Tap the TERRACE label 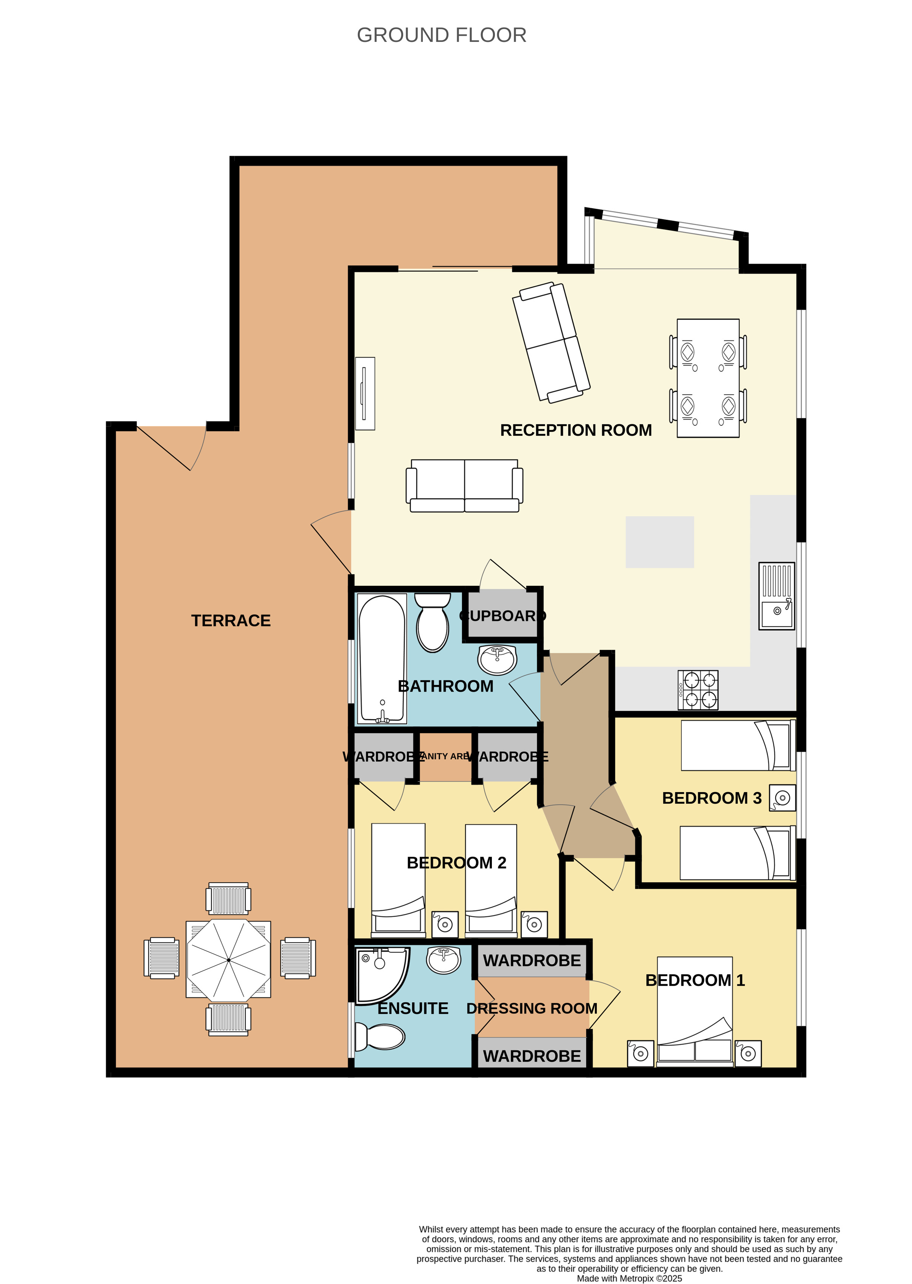[x=231, y=620]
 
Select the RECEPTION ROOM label [x=576, y=430]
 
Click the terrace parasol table [x=228, y=960]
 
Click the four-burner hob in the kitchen [x=698, y=690]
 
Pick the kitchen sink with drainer [x=776, y=596]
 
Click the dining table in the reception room [x=707, y=378]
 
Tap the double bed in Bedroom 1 [x=695, y=1011]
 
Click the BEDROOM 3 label [x=712, y=798]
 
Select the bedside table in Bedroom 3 [x=782, y=797]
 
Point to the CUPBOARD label [x=502, y=616]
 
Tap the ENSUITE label [x=413, y=1009]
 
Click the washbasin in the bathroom [x=497, y=659]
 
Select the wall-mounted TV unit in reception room [x=365, y=394]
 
